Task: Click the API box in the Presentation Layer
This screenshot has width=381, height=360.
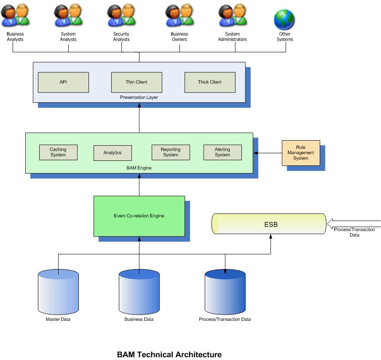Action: click(63, 82)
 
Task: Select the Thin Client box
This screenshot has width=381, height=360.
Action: click(137, 82)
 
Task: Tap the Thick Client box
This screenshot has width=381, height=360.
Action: click(209, 82)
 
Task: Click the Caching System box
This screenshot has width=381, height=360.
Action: click(58, 152)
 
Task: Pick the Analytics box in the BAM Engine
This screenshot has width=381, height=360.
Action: click(113, 153)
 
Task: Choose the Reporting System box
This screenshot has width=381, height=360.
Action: click(170, 152)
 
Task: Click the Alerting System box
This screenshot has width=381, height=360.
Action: click(223, 152)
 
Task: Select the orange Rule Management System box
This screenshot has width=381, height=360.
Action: click(301, 153)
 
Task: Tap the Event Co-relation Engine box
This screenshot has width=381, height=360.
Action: click(139, 216)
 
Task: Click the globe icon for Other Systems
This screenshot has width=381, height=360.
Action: click(284, 19)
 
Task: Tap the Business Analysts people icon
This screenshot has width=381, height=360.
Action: click(15, 16)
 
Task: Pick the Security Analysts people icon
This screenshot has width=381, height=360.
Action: click(121, 16)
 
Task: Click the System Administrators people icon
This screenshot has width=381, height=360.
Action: click(232, 16)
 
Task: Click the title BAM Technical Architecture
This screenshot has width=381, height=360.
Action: click(169, 355)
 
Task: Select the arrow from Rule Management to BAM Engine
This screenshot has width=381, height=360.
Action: click(268, 153)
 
